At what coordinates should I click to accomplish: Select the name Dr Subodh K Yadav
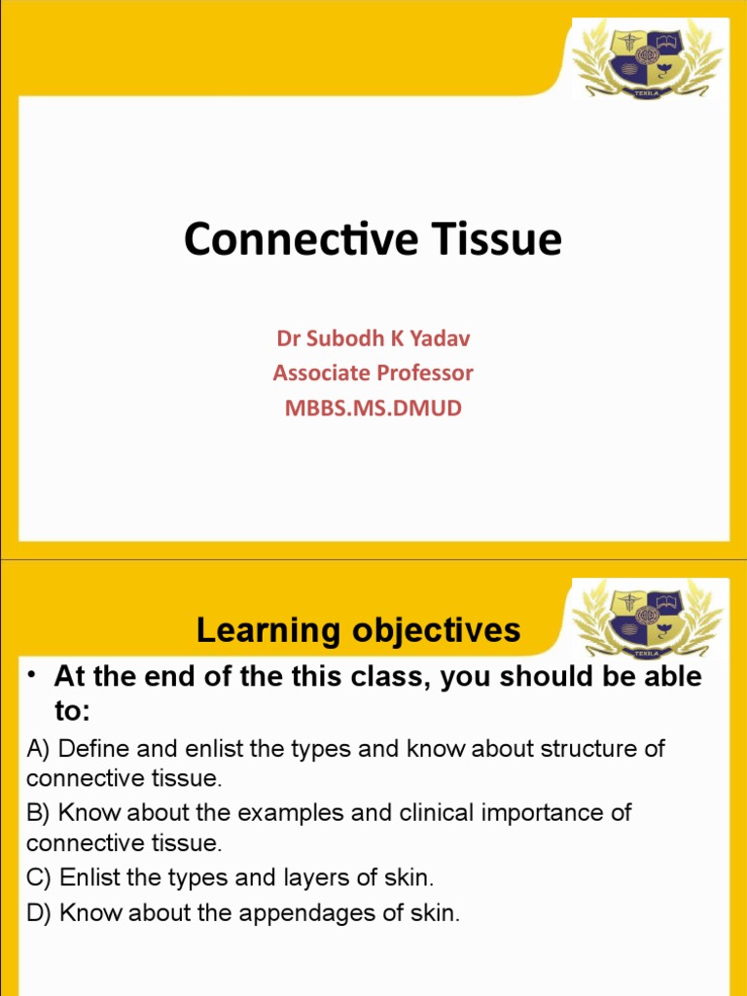[x=373, y=338]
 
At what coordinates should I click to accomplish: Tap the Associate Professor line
[x=373, y=373]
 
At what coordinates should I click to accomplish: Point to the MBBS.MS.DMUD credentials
[x=373, y=408]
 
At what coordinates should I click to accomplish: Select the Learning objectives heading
[x=358, y=631]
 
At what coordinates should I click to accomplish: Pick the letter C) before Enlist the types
[x=39, y=877]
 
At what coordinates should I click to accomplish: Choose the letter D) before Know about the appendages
[x=39, y=913]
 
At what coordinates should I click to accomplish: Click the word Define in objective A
[x=92, y=750]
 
